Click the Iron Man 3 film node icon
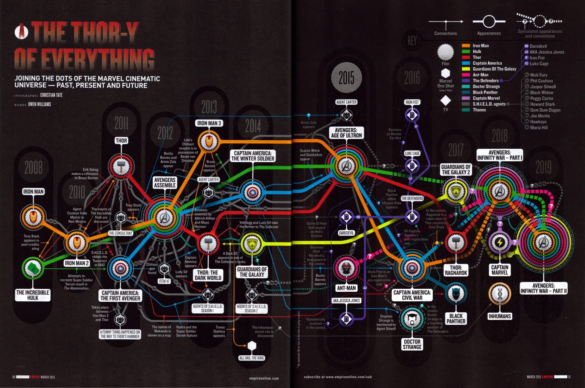[x=209, y=141]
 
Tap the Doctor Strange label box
[x=412, y=344]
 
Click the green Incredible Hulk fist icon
[x=33, y=268]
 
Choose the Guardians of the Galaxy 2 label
[x=456, y=169]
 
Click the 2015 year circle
[x=346, y=78]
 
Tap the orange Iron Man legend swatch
[x=466, y=46]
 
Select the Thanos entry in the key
[x=479, y=110]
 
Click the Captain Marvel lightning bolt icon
[x=500, y=242]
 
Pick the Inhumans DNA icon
[x=500, y=294]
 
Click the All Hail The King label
[x=252, y=358]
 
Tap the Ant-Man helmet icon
[x=346, y=268]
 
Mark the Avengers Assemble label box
[x=165, y=183]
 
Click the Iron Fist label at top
[x=412, y=102]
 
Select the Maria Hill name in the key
[x=539, y=128]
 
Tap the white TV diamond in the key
[x=445, y=101]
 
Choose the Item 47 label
[x=164, y=281]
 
